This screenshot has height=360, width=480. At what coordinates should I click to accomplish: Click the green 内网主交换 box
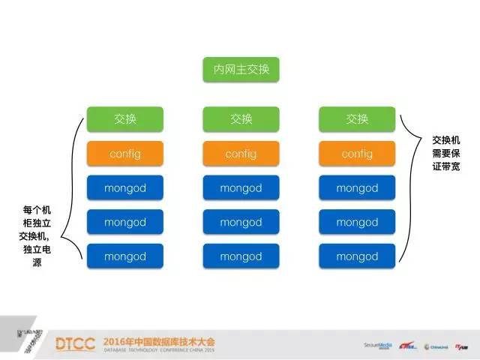[241, 70]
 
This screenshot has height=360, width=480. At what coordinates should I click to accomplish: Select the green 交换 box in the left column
[125, 119]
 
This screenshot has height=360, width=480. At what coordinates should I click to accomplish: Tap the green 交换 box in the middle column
[241, 119]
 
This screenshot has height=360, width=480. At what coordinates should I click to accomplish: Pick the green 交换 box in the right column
[357, 119]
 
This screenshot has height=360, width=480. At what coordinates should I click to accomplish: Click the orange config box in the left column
[125, 154]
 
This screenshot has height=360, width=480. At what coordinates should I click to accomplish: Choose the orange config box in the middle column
[241, 154]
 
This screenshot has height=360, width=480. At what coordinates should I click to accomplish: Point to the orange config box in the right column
[357, 154]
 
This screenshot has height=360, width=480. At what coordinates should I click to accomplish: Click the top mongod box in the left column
[125, 188]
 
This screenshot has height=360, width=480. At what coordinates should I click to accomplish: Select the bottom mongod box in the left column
[125, 256]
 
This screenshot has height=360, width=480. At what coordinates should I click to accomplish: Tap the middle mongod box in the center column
[241, 223]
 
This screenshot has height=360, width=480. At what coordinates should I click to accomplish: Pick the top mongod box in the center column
[241, 188]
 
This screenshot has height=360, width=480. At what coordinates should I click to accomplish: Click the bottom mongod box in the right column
[357, 256]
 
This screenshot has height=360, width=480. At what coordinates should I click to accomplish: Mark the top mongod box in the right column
[357, 188]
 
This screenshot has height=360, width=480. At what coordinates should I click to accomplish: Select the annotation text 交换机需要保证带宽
[446, 153]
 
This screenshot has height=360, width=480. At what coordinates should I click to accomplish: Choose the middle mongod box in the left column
[125, 223]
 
